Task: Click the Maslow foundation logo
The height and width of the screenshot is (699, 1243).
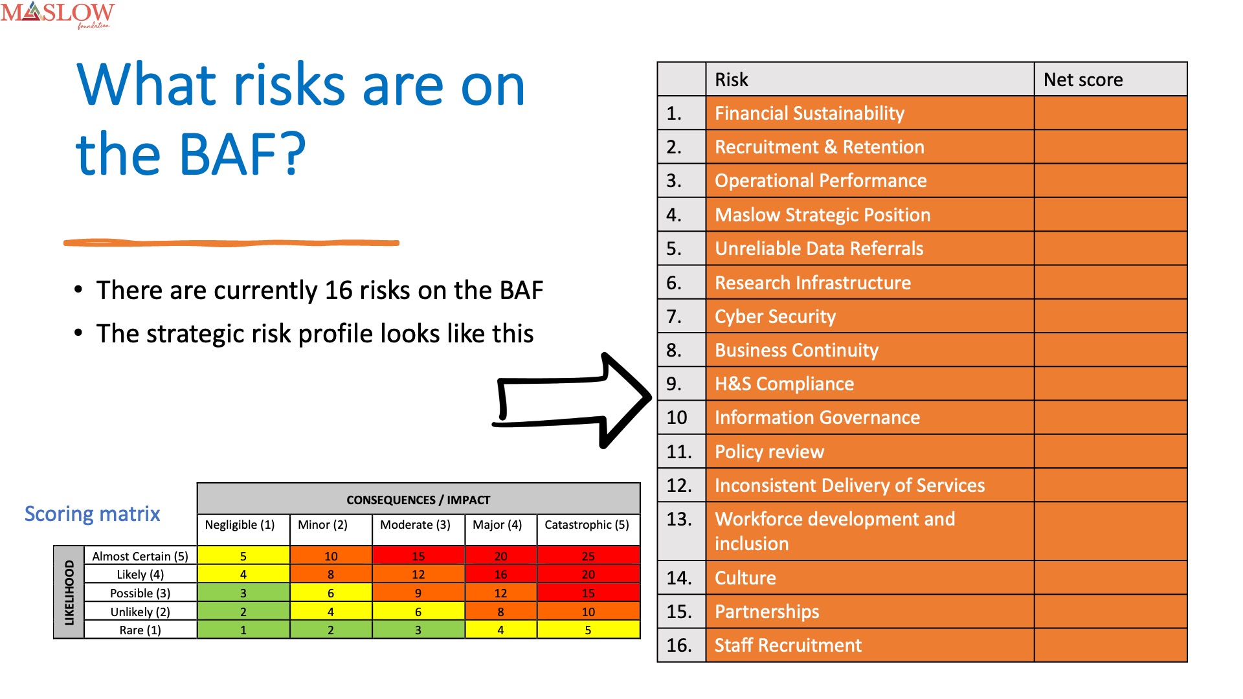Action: pyautogui.click(x=58, y=15)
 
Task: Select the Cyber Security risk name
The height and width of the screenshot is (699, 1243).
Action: pyautogui.click(x=775, y=316)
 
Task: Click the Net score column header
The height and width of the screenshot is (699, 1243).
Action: pyautogui.click(x=1083, y=80)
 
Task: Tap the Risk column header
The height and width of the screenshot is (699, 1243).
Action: pyautogui.click(x=732, y=80)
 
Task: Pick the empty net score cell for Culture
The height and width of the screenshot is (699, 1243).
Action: pyautogui.click(x=1111, y=577)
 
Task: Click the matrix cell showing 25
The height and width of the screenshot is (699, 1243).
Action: pyautogui.click(x=588, y=555)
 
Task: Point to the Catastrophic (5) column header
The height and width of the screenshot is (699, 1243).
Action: pyautogui.click(x=587, y=524)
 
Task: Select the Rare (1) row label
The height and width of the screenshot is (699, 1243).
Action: pyautogui.click(x=140, y=630)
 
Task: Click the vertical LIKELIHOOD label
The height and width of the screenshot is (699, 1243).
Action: pyautogui.click(x=69, y=592)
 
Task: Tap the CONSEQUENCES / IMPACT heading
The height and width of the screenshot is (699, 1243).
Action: pyautogui.click(x=418, y=500)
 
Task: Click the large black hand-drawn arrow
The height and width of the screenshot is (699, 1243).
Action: pyautogui.click(x=572, y=401)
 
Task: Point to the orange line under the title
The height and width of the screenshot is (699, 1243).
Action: pyautogui.click(x=231, y=243)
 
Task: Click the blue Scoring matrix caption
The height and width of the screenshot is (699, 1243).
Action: pyautogui.click(x=92, y=514)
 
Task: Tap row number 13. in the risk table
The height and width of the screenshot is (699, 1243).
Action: pyautogui.click(x=678, y=519)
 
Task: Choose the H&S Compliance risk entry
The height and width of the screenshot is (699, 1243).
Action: pyautogui.click(x=784, y=384)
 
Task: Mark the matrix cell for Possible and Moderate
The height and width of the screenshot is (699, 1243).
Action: pyautogui.click(x=418, y=593)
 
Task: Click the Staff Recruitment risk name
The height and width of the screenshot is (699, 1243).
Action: pyautogui.click(x=788, y=645)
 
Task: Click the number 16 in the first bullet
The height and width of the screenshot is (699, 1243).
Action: pyautogui.click(x=338, y=291)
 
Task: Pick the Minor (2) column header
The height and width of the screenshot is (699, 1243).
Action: pyautogui.click(x=322, y=524)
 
